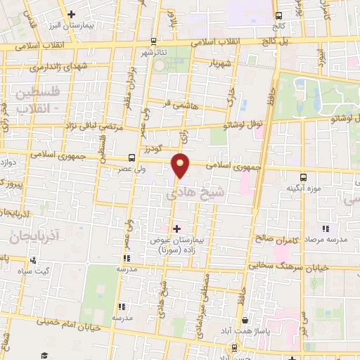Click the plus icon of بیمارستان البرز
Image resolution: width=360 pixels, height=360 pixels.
pyautogui.click(x=71, y=13)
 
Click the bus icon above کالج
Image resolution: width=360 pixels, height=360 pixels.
pyautogui.click(x=280, y=15)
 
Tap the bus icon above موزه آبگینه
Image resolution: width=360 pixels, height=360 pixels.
pyautogui.click(x=304, y=177)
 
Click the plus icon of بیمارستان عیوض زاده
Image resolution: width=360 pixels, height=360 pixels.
pyautogui.click(x=176, y=228)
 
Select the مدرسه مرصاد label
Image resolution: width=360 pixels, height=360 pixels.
pyautogui.click(x=326, y=239)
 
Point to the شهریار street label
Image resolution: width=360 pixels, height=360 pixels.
pyautogui.click(x=219, y=63)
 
